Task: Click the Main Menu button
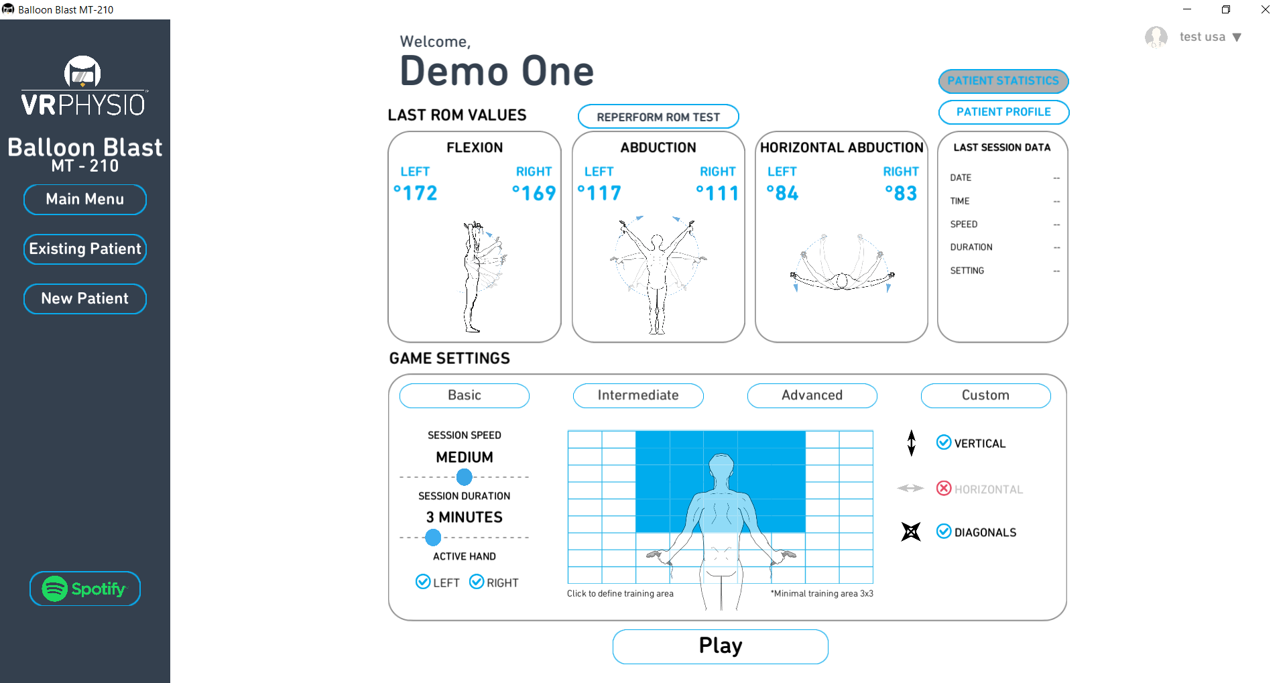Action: pos(85,200)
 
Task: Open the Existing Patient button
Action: pos(85,249)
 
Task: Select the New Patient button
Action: pos(85,299)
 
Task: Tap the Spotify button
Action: pos(85,589)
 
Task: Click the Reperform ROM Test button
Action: pos(658,117)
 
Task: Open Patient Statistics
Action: pos(1003,81)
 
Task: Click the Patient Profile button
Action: pos(1003,112)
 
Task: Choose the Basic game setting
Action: pos(464,395)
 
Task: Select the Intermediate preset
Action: pos(637,395)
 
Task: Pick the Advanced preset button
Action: pos(812,395)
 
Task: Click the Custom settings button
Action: pos(985,395)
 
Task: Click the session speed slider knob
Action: pos(464,477)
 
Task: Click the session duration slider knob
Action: pos(433,538)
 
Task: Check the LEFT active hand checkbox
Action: pos(423,582)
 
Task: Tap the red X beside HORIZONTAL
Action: pos(944,489)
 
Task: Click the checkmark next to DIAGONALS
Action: pos(944,532)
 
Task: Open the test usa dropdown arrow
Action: pos(1237,38)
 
